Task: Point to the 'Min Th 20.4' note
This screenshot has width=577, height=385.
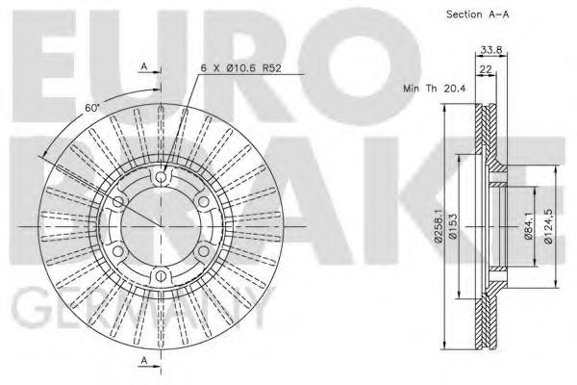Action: (435, 87)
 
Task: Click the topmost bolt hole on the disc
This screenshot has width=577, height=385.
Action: (160, 176)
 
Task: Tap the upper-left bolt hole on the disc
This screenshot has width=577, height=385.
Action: (116, 202)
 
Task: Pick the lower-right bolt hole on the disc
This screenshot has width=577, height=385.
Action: (204, 252)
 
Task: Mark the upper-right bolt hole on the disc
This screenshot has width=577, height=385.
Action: (204, 202)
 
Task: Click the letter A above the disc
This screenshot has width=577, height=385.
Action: (143, 65)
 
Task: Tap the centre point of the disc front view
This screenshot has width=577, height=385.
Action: (160, 227)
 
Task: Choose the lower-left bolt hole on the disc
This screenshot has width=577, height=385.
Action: (116, 252)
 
